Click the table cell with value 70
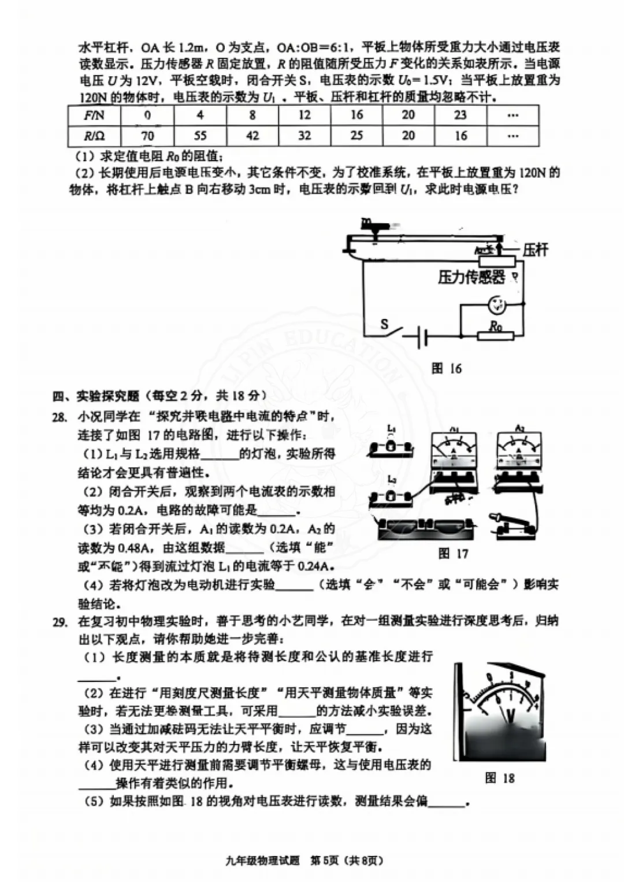147,136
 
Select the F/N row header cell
94,115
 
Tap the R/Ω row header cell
94,136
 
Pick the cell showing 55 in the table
199,136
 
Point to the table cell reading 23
460,115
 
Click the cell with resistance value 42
252,136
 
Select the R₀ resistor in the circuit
496,335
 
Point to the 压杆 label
535,250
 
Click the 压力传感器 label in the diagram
471,277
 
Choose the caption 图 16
447,368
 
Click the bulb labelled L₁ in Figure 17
391,447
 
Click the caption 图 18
500,778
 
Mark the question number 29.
60,622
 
